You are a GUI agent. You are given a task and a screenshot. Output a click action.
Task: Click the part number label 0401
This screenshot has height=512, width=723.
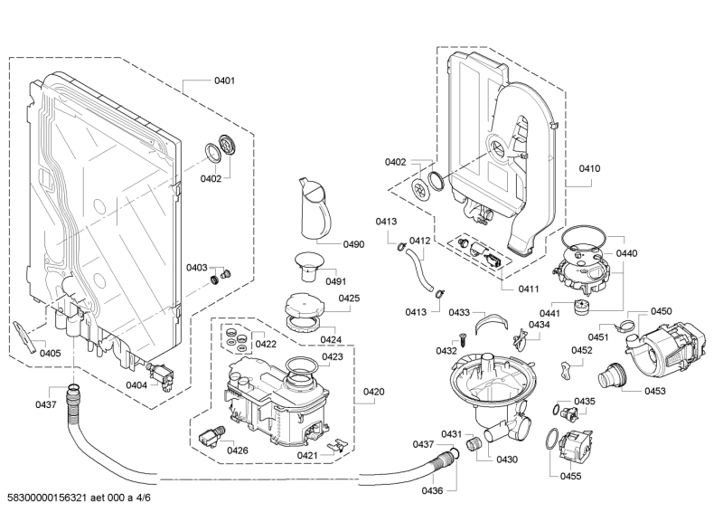[x=224, y=81]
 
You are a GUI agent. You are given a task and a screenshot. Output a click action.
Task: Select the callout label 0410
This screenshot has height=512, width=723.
[x=590, y=168]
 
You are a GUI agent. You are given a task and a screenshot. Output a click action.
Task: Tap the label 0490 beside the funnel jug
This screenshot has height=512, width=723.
[x=353, y=244]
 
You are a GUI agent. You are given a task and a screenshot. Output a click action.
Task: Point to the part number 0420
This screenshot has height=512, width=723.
[x=373, y=392]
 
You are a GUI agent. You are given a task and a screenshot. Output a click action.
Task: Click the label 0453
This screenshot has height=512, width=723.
[x=655, y=391]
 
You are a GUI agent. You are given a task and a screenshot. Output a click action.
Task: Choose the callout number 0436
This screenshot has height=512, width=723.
[x=433, y=491]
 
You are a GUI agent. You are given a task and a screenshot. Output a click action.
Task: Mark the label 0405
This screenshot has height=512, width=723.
[x=50, y=353]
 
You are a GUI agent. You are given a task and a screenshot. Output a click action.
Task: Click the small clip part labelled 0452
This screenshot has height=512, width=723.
[x=567, y=368]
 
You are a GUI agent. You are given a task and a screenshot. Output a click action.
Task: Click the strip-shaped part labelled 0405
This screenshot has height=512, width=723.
[x=24, y=336]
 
